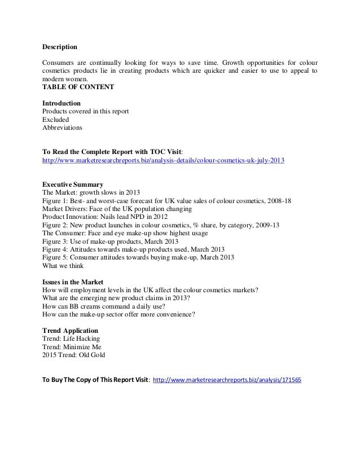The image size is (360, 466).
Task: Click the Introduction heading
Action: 62,103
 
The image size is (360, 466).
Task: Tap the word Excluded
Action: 56,120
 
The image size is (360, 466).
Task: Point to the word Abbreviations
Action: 62,128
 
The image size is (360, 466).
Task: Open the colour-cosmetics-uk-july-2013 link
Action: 164,160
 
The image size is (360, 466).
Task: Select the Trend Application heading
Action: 71,331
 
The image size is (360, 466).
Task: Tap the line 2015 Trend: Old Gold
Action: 74,355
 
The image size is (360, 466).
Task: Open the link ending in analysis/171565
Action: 227,380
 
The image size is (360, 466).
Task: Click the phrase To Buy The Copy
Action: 73,380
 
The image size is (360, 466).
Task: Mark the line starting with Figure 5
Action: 139,258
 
